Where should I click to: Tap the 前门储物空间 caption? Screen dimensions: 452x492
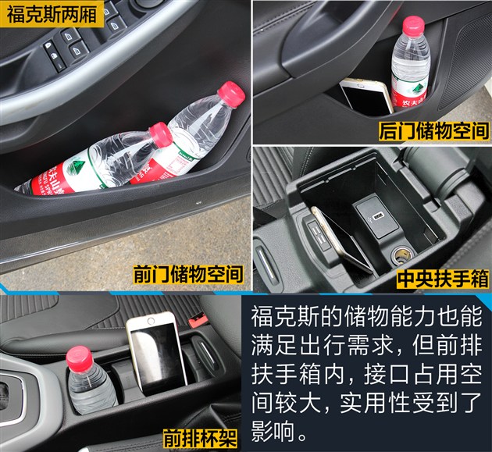coord(187,275)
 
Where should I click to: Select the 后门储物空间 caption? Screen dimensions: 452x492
coord(433,130)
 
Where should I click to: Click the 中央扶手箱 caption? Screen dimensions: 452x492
coord(443,279)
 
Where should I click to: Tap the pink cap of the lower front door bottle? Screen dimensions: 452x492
coord(162,133)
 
